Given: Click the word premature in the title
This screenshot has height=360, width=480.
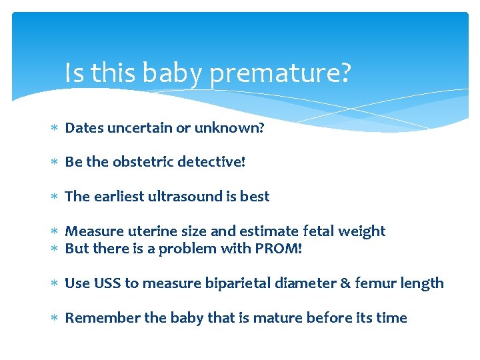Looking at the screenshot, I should pyautogui.click(x=279, y=74).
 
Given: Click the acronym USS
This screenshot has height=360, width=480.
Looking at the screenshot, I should pyautogui.click(x=107, y=283).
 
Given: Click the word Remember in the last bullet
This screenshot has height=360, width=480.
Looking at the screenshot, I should pyautogui.click(x=95, y=318).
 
